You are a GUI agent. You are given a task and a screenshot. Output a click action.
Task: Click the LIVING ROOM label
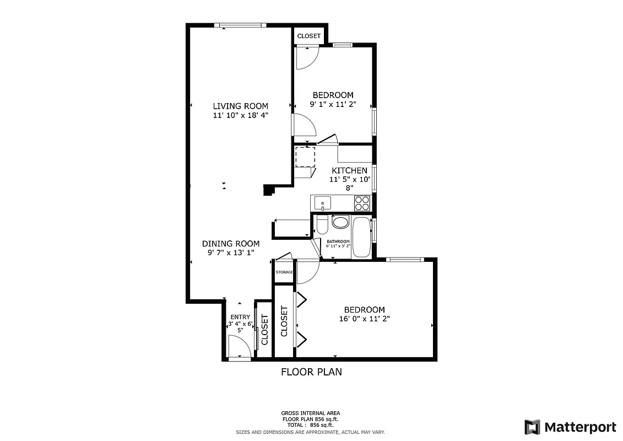coord(240,106)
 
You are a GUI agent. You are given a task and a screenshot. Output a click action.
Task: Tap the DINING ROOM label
coord(230,243)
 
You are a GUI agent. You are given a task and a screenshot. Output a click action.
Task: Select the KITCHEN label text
coord(349,170)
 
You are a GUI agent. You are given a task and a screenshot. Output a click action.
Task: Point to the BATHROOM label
coord(338,241)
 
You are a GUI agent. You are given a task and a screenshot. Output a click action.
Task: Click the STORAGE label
coord(284,272)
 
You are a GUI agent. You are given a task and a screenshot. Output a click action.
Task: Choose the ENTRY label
coord(240,316)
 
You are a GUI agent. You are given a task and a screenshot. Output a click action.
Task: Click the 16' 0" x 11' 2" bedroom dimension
coord(365,319)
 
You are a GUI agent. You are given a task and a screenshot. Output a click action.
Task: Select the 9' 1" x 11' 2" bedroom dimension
coord(333,104)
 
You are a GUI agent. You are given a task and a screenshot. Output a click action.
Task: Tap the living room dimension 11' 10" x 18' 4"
coord(240,115)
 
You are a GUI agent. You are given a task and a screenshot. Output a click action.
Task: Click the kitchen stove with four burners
coord(362,203)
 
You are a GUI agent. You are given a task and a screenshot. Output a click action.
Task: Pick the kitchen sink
coord(322,204)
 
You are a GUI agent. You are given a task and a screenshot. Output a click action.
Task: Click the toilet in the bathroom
coord(323,224)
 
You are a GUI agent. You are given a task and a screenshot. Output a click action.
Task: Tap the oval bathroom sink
coord(340,223)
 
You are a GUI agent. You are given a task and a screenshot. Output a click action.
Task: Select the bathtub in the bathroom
coord(362,237)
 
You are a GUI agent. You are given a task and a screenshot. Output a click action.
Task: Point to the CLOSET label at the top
coord(308,36)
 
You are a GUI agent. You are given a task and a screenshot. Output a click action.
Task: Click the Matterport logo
coord(570,427)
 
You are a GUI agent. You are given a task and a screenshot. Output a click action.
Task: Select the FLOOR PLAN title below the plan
coord(311,372)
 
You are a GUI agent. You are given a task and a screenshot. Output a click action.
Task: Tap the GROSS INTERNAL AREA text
coord(311,413)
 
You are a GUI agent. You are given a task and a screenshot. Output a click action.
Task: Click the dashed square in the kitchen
coord(305,157)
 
